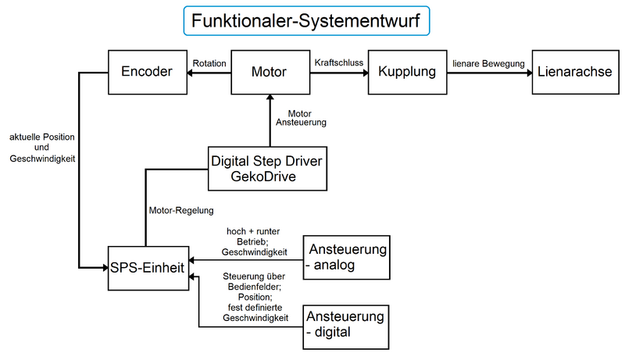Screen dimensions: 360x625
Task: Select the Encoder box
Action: pos(146,73)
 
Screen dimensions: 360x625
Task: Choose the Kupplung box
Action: pos(405,73)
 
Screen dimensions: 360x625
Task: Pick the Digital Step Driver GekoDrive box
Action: pos(266,168)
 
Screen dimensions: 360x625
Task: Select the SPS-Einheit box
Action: pos(148,268)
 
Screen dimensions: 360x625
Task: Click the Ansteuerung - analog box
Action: pos(346,257)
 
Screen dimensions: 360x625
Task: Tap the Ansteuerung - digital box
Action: pos(345,325)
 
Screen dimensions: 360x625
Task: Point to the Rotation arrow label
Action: pos(209,62)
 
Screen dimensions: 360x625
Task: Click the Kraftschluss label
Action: pos(337,62)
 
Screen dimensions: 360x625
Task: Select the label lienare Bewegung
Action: pos(487,62)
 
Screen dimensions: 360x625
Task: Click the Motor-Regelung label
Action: pos(180,211)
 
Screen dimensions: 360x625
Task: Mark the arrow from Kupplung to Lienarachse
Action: pos(487,73)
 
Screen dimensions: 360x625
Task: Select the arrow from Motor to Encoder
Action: pos(209,73)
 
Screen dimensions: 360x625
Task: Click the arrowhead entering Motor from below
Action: pos(269,98)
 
